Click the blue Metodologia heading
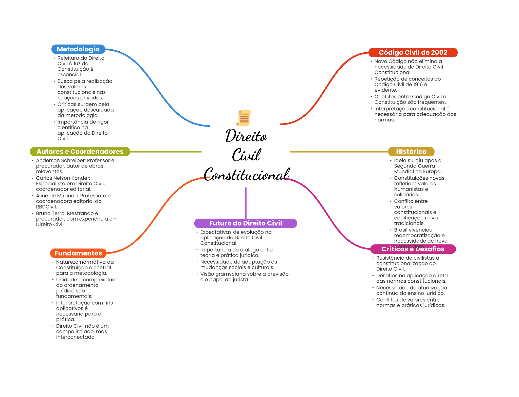coord(78,49)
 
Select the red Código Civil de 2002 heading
coord(413,52)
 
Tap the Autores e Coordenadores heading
coord(80,152)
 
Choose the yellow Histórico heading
coord(411,152)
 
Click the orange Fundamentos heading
coord(78,253)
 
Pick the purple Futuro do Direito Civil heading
coord(245,223)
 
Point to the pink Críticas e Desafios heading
coord(413,249)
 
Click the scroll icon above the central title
coord(244,118)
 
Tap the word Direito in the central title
coord(246,136)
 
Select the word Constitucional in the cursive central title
coord(246,175)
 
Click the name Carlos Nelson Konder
coord(63,178)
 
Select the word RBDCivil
coord(46,207)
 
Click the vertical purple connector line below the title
coord(246,202)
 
